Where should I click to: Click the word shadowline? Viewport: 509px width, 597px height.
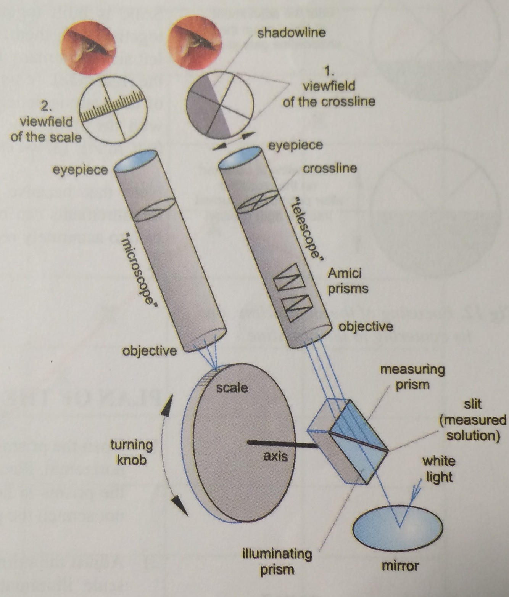292,33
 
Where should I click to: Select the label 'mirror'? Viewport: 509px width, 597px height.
400,566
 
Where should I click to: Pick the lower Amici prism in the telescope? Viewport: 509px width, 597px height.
296,308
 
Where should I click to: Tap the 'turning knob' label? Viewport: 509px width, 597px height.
131,452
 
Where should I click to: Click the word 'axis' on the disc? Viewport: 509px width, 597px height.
275,456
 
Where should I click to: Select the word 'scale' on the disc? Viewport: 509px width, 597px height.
232,388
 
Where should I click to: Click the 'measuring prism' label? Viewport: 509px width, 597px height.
412,377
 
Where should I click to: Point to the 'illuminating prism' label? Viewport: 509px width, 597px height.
277,562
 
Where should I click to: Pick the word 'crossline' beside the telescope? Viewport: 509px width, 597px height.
330,168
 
